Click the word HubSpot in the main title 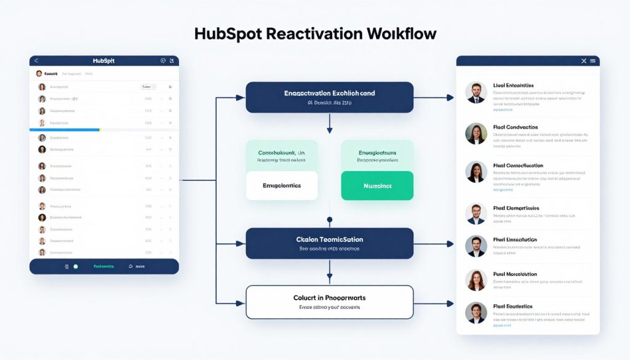[229, 34]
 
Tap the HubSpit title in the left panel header [103, 61]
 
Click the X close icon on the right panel [584, 61]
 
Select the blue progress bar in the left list [65, 130]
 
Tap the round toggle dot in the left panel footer [76, 266]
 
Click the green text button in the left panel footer [103, 266]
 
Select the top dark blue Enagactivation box [329, 97]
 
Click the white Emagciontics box [282, 185]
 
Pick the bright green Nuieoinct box [377, 185]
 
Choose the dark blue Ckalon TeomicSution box [329, 242]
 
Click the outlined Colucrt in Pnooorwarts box [329, 302]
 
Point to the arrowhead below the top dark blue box [329, 130]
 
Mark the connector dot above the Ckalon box [329, 219]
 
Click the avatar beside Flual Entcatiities [476, 93]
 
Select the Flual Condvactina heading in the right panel [516, 126]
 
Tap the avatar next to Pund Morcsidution [476, 280]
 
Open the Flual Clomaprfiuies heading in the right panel [516, 209]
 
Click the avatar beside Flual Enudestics [476, 313]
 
